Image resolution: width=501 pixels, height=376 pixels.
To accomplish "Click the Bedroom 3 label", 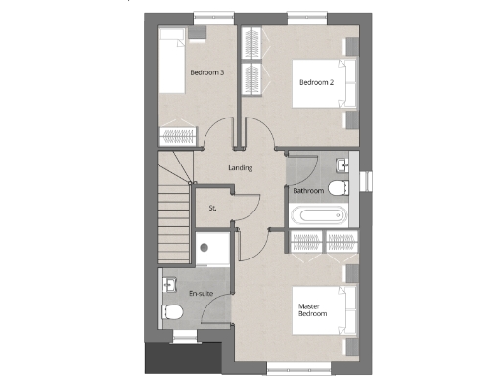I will tap(207, 72).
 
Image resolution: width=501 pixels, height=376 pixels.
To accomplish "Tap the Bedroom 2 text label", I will tap(317, 82).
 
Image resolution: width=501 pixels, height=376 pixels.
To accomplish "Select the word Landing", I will tap(241, 168).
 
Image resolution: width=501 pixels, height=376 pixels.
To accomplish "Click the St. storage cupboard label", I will tap(212, 208).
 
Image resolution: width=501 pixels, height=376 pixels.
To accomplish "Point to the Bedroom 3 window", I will tap(207, 15).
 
